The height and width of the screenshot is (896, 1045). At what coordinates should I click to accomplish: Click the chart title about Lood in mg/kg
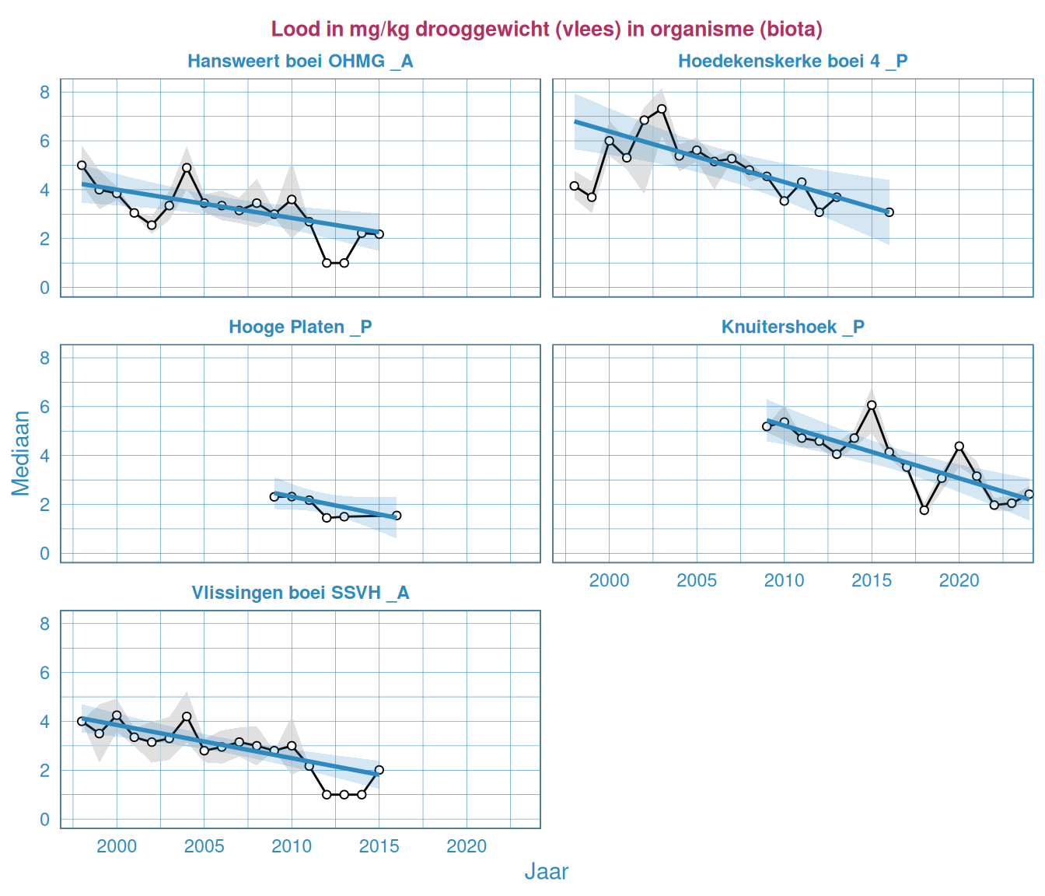[547, 30]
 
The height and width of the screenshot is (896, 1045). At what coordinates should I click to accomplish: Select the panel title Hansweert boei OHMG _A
[300, 61]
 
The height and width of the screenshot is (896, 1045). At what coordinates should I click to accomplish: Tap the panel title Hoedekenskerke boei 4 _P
[792, 61]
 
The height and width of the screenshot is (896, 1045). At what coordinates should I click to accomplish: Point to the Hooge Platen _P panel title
[300, 327]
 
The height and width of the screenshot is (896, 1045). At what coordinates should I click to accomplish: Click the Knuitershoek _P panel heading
[792, 327]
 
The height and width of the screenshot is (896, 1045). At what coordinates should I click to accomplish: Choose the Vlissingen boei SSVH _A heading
[300, 593]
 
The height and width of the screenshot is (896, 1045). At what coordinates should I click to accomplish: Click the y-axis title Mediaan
[21, 453]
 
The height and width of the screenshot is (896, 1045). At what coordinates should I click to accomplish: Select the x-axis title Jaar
[546, 872]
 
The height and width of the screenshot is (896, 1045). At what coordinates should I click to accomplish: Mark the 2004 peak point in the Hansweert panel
[187, 167]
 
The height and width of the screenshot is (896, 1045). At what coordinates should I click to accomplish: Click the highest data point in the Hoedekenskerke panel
[662, 109]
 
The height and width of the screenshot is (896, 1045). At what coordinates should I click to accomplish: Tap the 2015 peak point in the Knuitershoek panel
[872, 405]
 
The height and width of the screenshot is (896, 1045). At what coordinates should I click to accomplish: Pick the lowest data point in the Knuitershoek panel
[924, 510]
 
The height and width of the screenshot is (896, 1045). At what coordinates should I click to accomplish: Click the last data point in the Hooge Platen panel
[397, 516]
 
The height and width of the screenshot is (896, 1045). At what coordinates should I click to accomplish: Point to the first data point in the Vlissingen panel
[82, 721]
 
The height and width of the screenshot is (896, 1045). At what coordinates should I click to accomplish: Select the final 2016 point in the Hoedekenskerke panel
[889, 212]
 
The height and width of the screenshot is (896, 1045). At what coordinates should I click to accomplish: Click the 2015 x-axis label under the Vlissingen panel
[379, 847]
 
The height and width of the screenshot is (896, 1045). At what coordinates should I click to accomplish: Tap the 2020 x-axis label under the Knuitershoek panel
[959, 581]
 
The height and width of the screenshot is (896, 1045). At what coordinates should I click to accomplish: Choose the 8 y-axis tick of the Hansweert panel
[44, 93]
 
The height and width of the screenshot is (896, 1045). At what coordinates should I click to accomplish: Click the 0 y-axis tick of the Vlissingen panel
[44, 820]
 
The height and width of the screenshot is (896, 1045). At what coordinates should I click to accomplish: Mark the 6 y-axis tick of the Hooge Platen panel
[44, 407]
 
